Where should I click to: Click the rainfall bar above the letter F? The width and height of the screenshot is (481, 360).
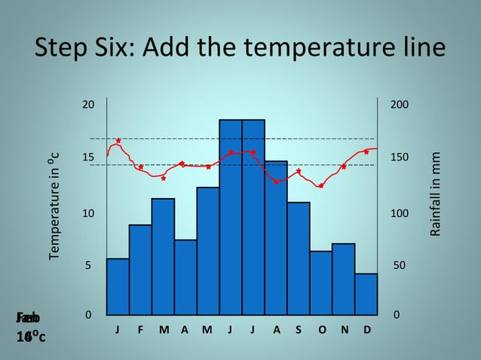click(140, 269)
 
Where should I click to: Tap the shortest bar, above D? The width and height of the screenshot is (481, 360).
click(366, 294)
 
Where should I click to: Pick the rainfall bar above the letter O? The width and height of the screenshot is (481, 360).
click(321, 282)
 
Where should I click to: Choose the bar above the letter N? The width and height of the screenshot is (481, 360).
click(344, 279)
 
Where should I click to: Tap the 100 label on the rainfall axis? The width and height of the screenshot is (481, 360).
click(397, 214)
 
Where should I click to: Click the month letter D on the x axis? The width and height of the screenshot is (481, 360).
click(367, 329)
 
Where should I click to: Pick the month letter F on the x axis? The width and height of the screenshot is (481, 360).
click(140, 329)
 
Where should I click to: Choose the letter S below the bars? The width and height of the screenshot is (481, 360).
click(299, 329)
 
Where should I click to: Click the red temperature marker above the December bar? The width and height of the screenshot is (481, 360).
click(366, 151)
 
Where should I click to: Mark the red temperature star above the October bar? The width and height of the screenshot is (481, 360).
click(321, 185)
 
